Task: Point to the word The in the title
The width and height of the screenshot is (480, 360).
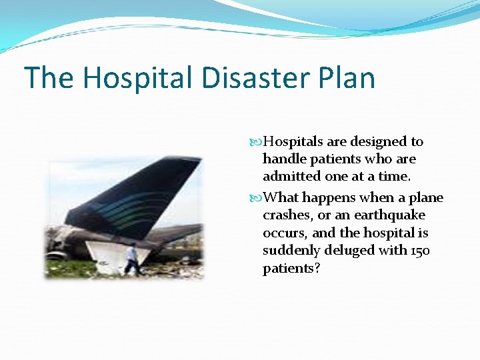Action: point(49,78)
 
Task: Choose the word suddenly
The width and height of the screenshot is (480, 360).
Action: point(291,251)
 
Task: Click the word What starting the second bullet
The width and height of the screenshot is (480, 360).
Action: point(281,198)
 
